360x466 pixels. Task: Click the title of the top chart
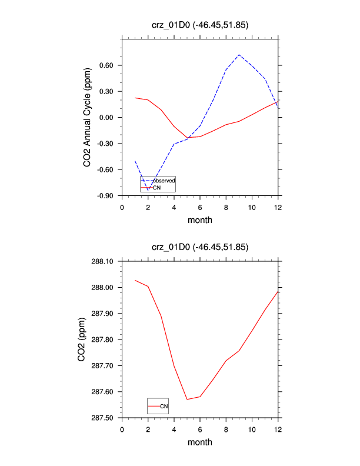point(200,25)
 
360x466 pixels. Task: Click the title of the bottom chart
point(200,247)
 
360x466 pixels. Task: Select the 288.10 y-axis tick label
point(106,261)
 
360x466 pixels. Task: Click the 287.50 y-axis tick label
point(106,418)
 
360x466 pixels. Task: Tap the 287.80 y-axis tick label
point(106,339)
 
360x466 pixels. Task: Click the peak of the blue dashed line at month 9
point(239,55)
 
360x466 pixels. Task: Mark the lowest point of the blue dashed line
point(148,190)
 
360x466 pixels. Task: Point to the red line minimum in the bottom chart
point(187,400)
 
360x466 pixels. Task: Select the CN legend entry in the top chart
point(157,187)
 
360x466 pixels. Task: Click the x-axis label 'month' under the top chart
point(200,220)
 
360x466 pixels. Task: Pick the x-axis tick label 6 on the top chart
point(200,207)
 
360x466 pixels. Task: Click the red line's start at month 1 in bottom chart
point(135,280)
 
